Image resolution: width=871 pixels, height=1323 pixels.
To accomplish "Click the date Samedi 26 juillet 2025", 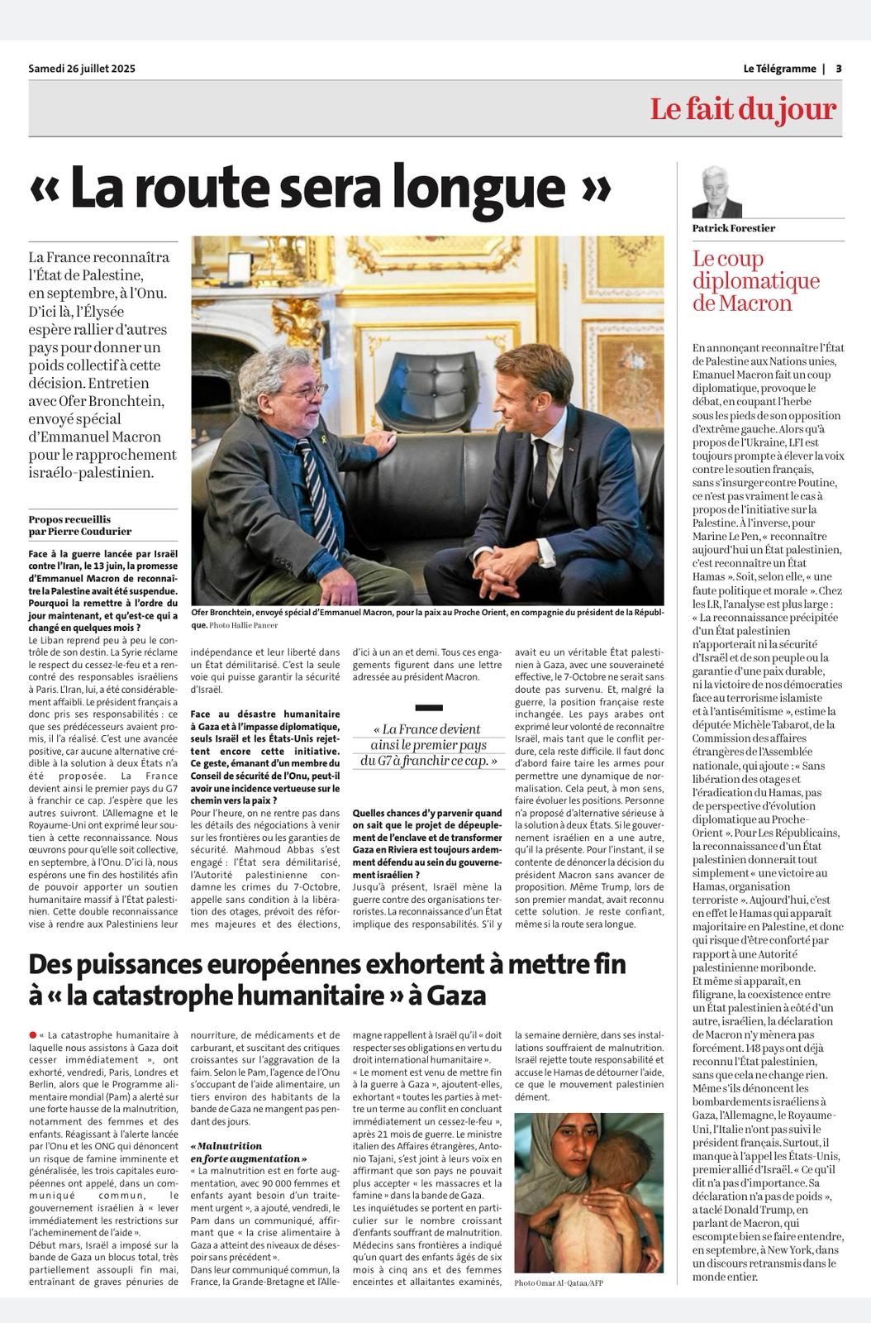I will (x=82, y=69).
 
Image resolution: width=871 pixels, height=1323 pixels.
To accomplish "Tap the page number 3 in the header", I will (x=838, y=69).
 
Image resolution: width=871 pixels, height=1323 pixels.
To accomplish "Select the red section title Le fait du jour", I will (x=742, y=109).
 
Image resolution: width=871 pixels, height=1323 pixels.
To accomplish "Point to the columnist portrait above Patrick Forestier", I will (x=716, y=191).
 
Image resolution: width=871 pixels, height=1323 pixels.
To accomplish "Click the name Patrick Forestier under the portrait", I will (x=734, y=228).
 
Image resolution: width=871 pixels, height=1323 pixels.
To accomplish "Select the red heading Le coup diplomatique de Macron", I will (x=755, y=281).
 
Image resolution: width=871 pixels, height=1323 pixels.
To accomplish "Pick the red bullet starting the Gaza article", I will (x=32, y=1034).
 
